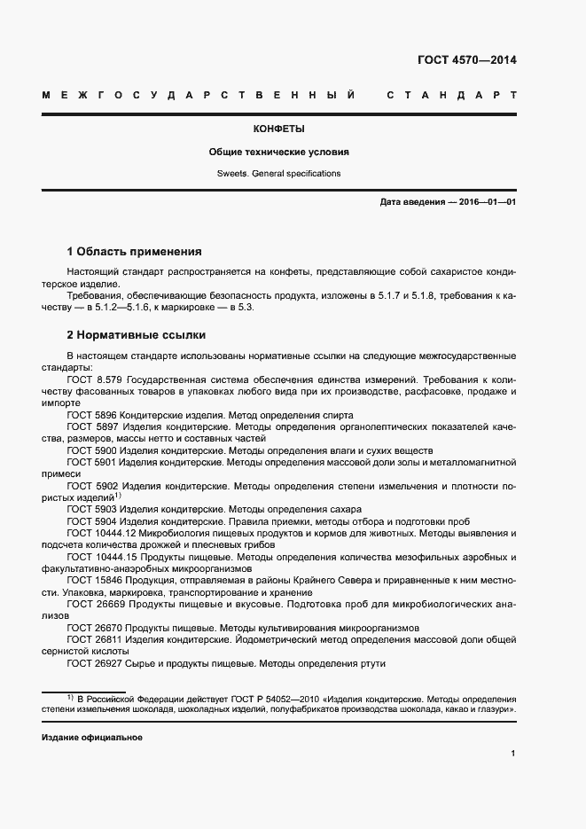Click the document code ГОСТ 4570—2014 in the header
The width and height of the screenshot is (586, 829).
(466, 61)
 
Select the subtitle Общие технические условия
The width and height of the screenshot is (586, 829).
(278, 152)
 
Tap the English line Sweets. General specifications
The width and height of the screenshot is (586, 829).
(278, 174)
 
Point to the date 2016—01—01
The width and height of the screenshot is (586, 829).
(488, 202)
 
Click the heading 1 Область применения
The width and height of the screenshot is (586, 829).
(135, 252)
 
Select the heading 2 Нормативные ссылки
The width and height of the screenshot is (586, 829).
(137, 335)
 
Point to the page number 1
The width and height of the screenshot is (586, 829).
(513, 754)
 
